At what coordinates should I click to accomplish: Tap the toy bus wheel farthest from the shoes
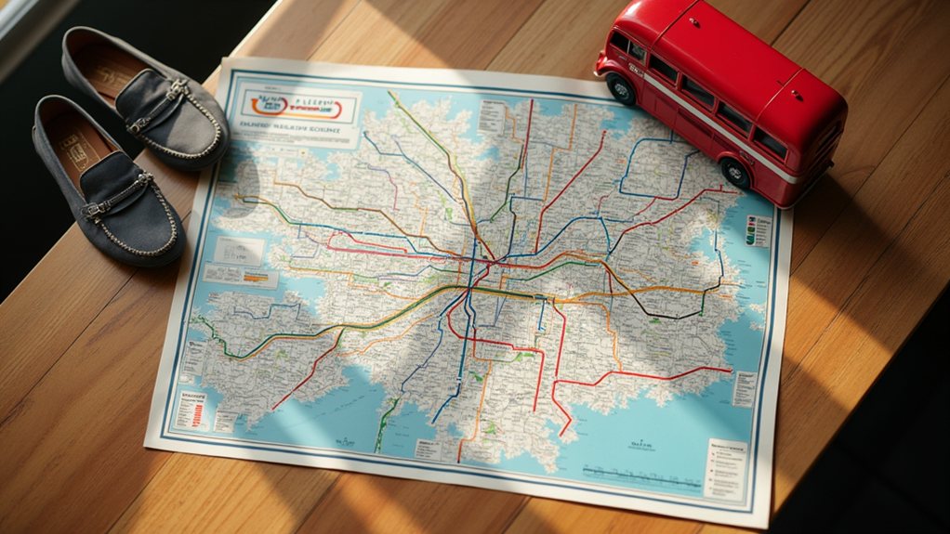pos(735,174)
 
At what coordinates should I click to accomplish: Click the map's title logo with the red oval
pos(297,107)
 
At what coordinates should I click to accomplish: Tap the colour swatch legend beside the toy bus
pos(757,232)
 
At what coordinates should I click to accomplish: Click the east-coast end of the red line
pos(730,370)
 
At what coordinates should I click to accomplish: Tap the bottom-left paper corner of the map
pos(149,444)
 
